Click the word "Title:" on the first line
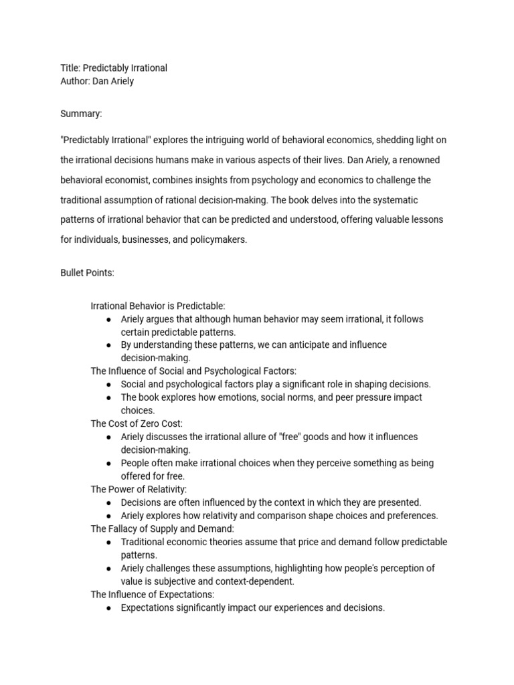click(x=70, y=68)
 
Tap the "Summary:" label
click(x=81, y=114)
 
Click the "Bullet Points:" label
click(x=87, y=273)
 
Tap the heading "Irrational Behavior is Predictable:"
click(x=158, y=306)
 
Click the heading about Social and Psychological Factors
click(x=193, y=371)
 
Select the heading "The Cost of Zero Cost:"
click(x=137, y=423)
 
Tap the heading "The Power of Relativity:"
click(x=139, y=489)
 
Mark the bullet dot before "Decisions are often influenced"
click(x=108, y=502)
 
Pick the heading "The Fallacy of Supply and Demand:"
click(x=163, y=528)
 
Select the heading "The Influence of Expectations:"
click(x=153, y=594)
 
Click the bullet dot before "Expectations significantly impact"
click(x=108, y=608)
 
